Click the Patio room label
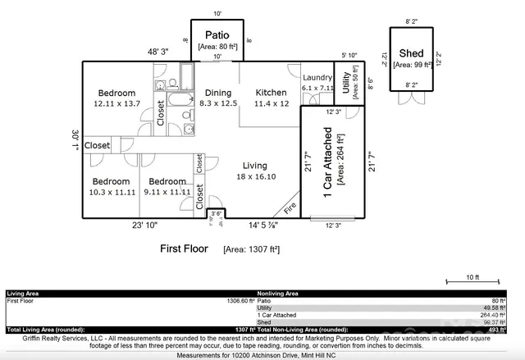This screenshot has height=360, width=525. point(217,35)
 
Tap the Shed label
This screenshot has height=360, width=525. point(411,52)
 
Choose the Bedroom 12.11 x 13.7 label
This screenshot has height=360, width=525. point(117,98)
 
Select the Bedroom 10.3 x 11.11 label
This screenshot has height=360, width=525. point(111,185)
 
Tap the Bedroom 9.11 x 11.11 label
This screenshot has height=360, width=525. point(168,185)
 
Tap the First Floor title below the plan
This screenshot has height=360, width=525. point(184,248)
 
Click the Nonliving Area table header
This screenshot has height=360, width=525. point(278,293)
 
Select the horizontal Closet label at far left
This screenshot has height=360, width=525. point(97,145)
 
